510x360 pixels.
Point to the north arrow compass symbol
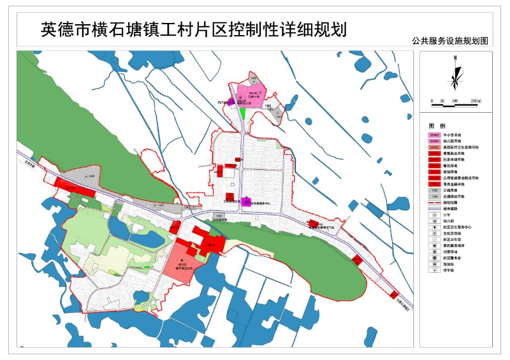[x=455, y=73]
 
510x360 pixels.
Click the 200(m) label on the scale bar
[x=475, y=101]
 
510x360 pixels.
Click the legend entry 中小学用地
[x=458, y=135]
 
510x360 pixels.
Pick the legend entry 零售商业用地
[x=459, y=153]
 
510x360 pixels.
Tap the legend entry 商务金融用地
[x=459, y=184]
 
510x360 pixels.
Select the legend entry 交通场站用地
[x=459, y=196]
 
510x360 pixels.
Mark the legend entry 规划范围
[x=456, y=202]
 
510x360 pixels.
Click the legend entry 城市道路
[x=456, y=208]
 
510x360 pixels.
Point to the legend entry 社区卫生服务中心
[x=463, y=227]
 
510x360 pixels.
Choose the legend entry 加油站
[x=455, y=264]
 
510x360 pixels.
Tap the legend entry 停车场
[x=455, y=270]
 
